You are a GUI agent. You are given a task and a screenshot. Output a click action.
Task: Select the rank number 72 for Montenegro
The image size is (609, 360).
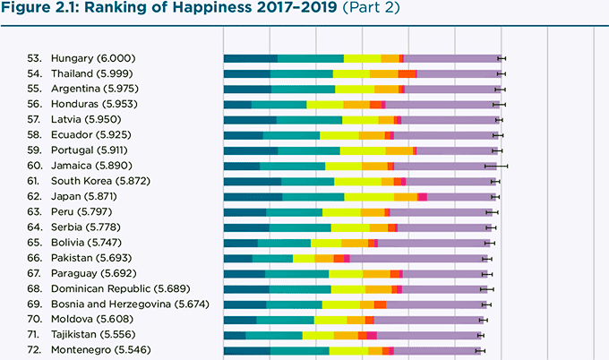click(x=35, y=349)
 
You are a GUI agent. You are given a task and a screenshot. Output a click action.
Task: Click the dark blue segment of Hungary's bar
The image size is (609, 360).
click(x=250, y=58)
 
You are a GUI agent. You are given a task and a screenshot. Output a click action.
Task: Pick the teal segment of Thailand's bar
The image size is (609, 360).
click(x=301, y=73)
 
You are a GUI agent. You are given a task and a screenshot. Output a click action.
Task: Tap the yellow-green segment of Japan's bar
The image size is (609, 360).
click(x=369, y=196)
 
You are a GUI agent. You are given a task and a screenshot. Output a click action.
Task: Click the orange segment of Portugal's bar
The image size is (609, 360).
click(x=399, y=150)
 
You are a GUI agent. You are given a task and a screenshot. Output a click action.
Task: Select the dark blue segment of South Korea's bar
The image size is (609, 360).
click(x=252, y=181)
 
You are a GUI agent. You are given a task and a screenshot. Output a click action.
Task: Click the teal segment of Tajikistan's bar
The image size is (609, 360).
click(x=274, y=335)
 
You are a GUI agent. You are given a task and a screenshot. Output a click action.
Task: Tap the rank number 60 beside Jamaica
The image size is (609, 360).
click(x=35, y=165)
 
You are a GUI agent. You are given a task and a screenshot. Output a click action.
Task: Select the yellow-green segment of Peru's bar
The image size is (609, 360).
click(x=341, y=211)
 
